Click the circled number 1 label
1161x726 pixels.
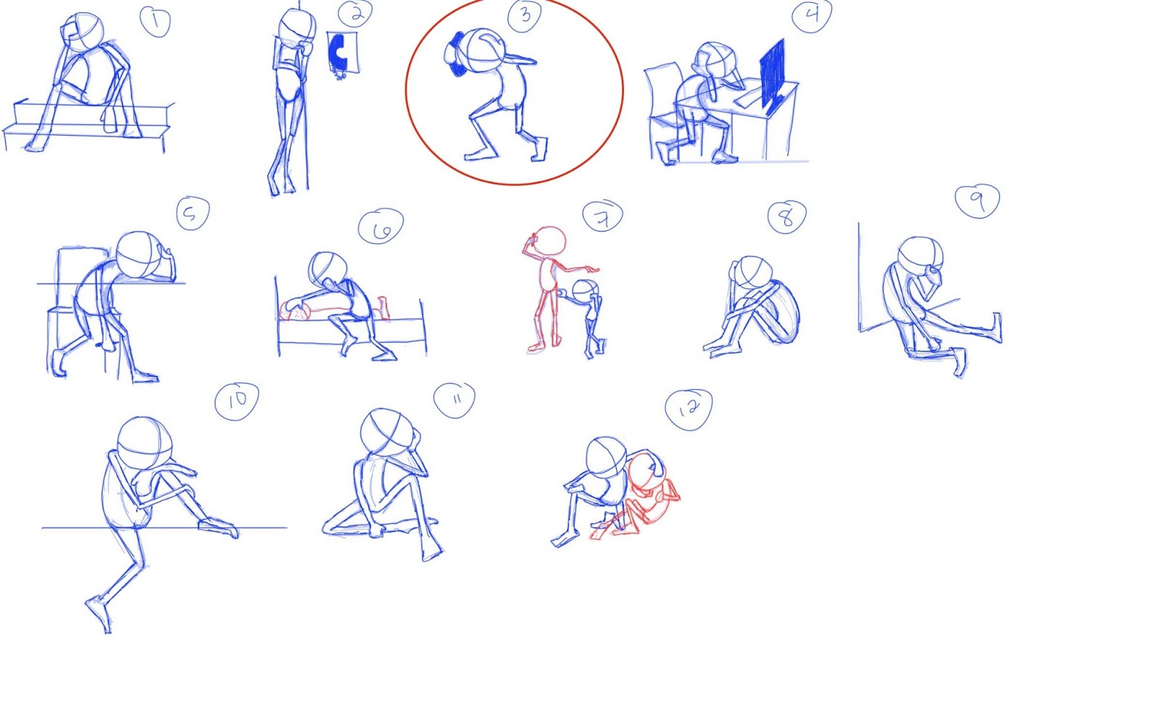click(155, 21)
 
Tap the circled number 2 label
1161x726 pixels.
click(355, 14)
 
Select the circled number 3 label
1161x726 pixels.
click(525, 15)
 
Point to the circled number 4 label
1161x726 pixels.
click(812, 15)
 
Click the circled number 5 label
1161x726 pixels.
click(193, 213)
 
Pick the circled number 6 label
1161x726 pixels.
click(381, 227)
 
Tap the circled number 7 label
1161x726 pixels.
click(602, 216)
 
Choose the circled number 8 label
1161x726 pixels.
click(787, 217)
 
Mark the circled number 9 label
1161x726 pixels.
click(977, 201)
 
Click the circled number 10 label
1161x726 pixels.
click(237, 401)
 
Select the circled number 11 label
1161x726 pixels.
click(454, 400)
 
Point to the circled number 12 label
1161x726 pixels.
click(689, 409)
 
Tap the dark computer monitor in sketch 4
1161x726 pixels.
click(772, 76)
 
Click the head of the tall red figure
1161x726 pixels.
click(549, 241)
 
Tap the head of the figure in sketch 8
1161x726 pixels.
click(754, 272)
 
